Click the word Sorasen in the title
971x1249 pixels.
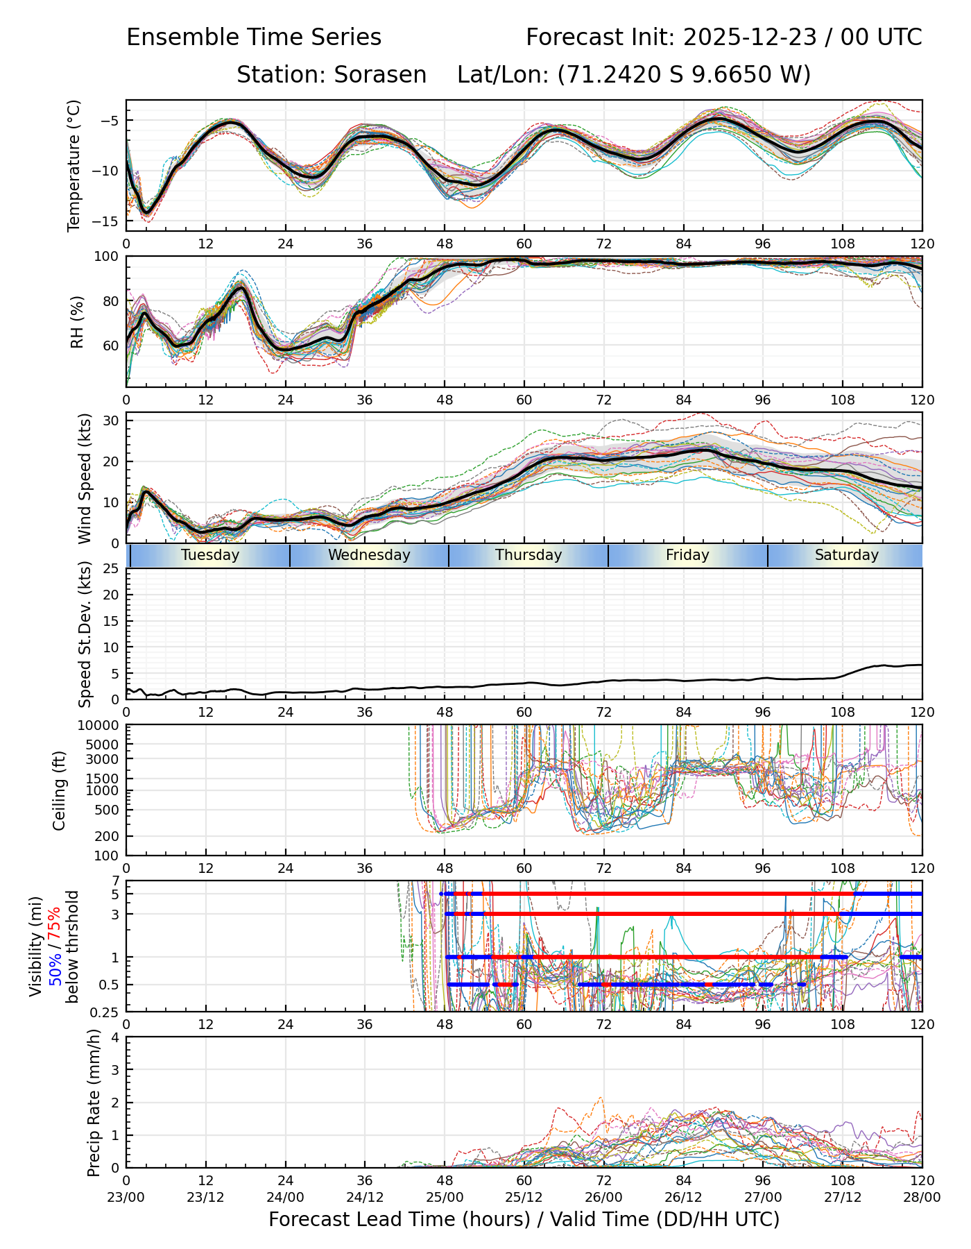coord(380,75)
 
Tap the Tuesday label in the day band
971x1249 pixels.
coord(210,555)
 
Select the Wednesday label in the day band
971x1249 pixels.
coord(369,555)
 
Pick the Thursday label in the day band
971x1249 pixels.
coord(529,555)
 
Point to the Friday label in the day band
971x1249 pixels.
coord(687,555)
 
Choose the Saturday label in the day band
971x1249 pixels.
coord(846,555)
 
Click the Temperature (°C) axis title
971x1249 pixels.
coord(74,165)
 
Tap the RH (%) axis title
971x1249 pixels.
coord(77,322)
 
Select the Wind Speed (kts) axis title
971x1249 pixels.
coord(85,478)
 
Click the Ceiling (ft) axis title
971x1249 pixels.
coord(60,790)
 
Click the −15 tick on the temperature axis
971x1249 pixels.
coord(110,221)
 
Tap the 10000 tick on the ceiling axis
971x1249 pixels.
coord(101,726)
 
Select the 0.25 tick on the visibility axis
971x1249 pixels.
coord(107,1012)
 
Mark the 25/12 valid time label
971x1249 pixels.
coord(524,1197)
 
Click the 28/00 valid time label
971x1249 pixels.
coord(922,1197)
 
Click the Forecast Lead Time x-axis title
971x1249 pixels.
coord(524,1219)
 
